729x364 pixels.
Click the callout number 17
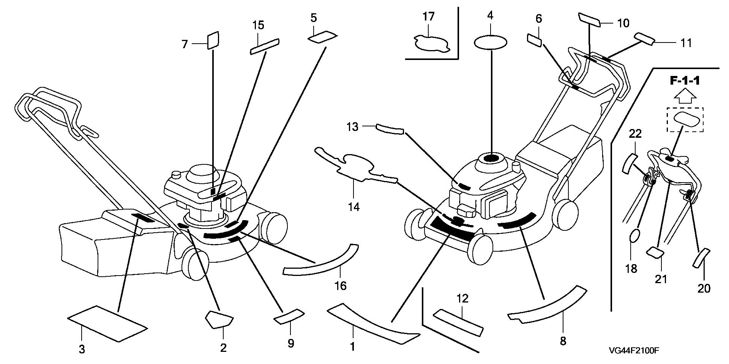pos(428,17)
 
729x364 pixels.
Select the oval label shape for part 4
pos(490,42)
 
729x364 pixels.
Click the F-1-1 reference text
pos(685,82)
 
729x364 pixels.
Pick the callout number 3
pos(82,349)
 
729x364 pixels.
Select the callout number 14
pos(353,207)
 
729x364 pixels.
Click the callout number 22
pos(635,134)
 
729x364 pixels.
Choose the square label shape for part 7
pos(213,40)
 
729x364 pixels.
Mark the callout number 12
pos(462,299)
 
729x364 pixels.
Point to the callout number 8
pos(563,341)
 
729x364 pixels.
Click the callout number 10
pos(623,24)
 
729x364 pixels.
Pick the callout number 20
pos(704,288)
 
